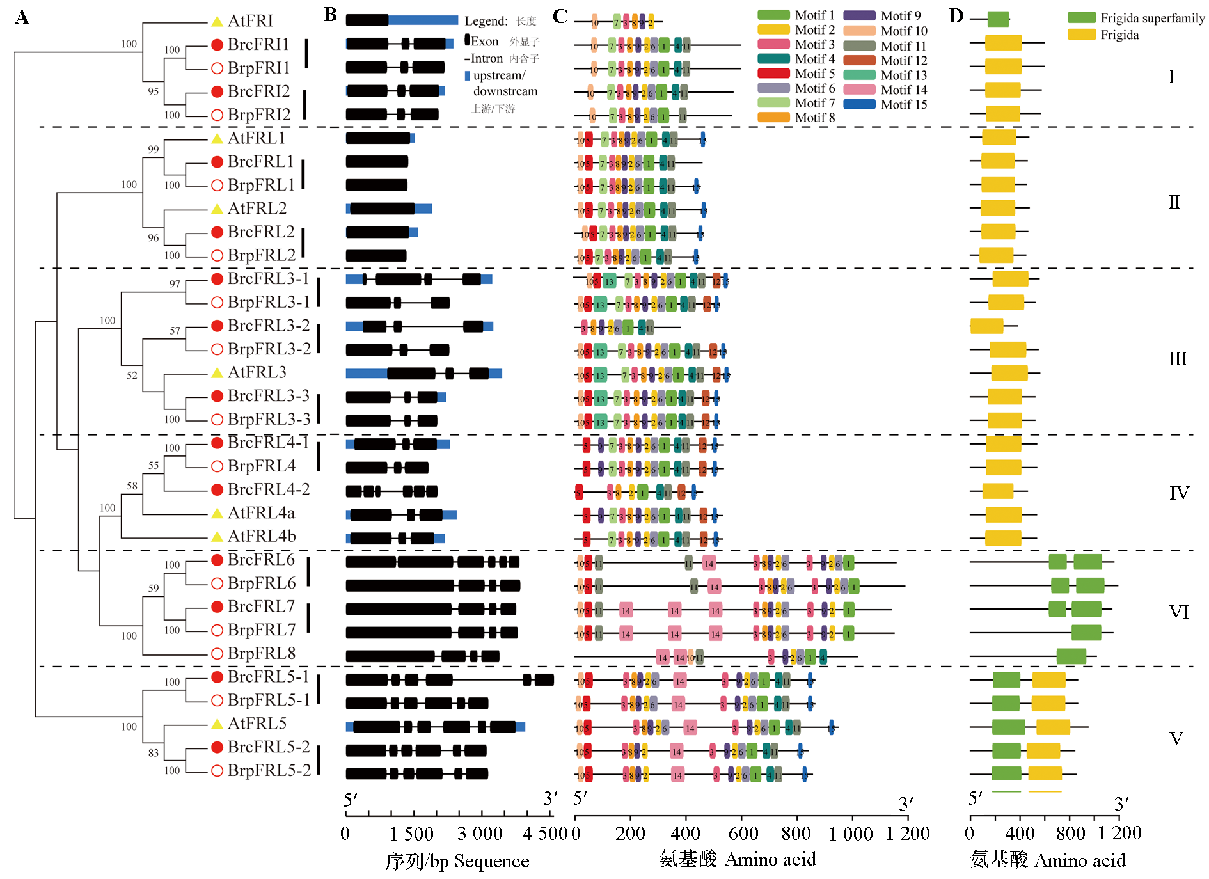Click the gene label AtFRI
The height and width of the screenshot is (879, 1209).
[x=250, y=21]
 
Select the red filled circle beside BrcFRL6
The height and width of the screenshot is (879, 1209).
[x=217, y=560]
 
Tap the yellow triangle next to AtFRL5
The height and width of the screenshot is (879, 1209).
[x=217, y=724]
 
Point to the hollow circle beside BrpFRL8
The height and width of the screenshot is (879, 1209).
[x=217, y=653]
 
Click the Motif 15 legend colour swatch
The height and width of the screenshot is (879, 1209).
[x=858, y=104]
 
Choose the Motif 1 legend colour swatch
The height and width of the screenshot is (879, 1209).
[x=773, y=15]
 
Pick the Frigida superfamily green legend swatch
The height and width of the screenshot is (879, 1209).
[x=1081, y=18]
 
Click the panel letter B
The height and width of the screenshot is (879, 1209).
[x=330, y=15]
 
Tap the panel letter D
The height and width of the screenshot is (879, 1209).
[x=956, y=15]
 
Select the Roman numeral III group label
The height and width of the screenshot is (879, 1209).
[x=1178, y=359]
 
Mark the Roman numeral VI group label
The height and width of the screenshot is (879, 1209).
[x=1179, y=612]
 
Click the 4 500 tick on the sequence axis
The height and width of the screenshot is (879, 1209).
[x=545, y=833]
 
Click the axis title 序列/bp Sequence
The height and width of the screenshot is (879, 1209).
[x=457, y=861]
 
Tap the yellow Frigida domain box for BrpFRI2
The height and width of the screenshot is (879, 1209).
[x=1002, y=114]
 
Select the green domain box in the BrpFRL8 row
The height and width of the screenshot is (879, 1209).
[x=1071, y=656]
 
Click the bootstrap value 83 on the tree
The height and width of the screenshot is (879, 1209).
[x=154, y=753]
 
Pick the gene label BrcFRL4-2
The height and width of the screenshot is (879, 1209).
[x=269, y=489]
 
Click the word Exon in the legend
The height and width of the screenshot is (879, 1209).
[x=484, y=42]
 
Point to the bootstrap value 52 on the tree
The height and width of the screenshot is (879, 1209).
[x=132, y=376]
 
